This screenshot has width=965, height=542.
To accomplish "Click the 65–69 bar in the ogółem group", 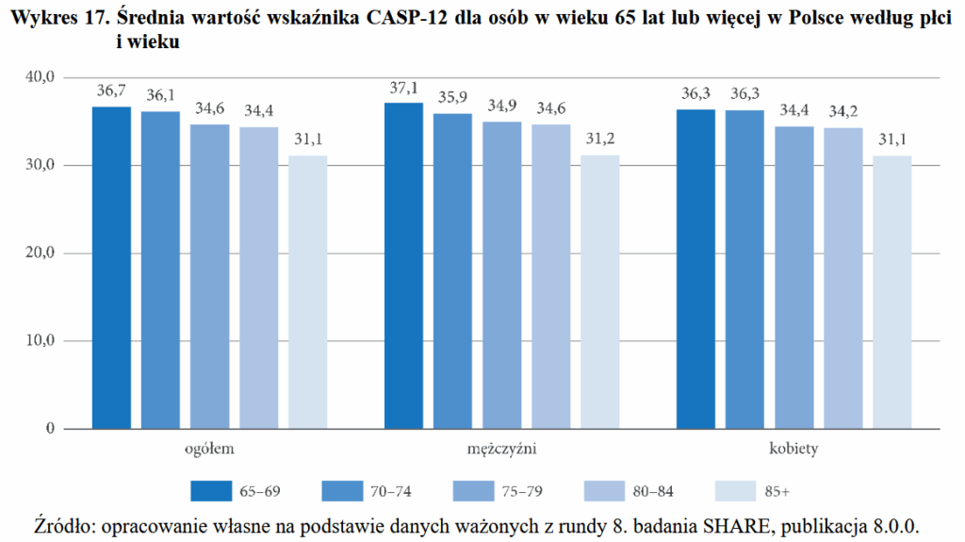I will pyautogui.click(x=111, y=268).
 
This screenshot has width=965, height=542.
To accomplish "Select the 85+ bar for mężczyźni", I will pyautogui.click(x=599, y=292).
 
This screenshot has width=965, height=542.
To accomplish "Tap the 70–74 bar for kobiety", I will pyautogui.click(x=744, y=270).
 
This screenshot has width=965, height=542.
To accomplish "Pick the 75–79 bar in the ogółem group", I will pyautogui.click(x=209, y=277).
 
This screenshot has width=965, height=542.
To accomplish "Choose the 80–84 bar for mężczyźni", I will pyautogui.click(x=550, y=277).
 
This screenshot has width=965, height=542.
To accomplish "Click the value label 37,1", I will pyautogui.click(x=403, y=89).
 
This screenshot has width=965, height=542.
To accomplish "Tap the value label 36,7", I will pyautogui.click(x=111, y=91).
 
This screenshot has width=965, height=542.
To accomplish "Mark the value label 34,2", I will pyautogui.click(x=842, y=113).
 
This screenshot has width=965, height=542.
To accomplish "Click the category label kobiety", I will pyautogui.click(x=793, y=450).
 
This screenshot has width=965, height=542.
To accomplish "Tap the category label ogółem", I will pyautogui.click(x=209, y=450).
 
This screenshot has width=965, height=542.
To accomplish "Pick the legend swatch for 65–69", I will pyautogui.click(x=210, y=491).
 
